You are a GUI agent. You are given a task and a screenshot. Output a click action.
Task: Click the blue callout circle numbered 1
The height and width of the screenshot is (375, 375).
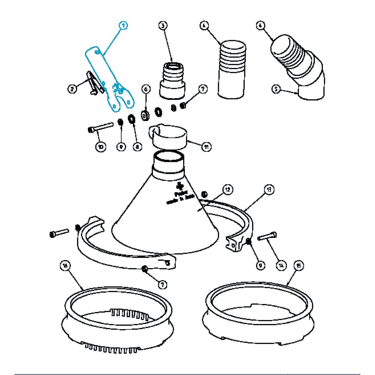(124, 25)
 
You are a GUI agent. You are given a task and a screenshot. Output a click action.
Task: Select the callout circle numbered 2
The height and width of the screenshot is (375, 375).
(72, 89)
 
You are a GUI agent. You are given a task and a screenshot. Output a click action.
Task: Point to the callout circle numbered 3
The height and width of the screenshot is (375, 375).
(162, 25)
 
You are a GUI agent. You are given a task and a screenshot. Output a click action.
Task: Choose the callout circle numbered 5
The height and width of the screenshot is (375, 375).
(276, 89)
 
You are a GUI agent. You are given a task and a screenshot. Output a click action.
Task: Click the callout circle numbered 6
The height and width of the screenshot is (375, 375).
(146, 89)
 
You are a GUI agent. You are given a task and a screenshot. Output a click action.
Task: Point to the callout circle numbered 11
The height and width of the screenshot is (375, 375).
(206, 146)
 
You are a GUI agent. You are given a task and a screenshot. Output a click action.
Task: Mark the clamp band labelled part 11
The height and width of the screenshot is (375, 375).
(169, 137)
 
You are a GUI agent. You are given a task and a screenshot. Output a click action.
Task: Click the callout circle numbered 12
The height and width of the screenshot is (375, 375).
(228, 190)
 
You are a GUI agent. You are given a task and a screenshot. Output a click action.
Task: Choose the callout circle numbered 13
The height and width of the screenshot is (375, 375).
(269, 190)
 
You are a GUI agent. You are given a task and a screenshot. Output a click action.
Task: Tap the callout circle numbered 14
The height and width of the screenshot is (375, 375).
(281, 265)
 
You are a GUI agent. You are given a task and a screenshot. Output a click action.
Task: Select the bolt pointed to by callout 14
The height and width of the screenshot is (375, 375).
(267, 236)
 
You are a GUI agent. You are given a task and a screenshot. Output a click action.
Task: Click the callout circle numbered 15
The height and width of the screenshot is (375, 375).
(299, 265)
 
